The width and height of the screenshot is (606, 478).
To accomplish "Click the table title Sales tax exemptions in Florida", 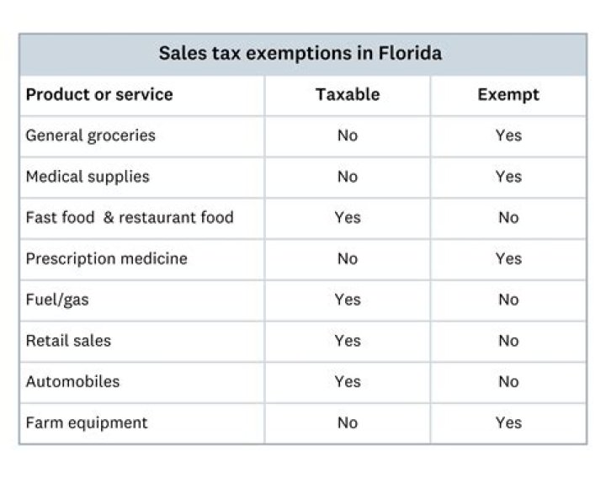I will point(300,54).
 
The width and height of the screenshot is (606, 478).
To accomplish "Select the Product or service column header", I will point(99,94).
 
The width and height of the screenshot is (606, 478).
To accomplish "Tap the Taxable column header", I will point(347,94).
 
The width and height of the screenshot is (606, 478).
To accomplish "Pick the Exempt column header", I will point(508,94).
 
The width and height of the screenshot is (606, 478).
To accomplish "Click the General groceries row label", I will point(90,135).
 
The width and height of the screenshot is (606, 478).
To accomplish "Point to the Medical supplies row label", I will point(88,177).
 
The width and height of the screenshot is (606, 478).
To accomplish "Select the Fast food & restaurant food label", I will point(130,217).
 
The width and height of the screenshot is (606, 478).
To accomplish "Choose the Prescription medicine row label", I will point(106,258).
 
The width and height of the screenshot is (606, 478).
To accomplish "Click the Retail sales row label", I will point(68,341).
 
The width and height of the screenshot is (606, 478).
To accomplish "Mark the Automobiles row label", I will point(72,381).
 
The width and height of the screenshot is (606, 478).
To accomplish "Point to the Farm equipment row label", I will point(86,422).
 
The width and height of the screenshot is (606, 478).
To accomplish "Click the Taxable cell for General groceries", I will point(347,135).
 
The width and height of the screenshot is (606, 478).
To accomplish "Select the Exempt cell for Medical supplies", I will point(508,177).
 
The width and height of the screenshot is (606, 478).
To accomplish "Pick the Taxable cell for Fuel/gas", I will point(347,300).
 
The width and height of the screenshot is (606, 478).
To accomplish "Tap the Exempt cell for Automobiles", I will point(508,381).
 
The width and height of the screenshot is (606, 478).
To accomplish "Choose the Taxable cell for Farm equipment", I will point(347,422).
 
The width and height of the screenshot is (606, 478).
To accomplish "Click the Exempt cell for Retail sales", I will point(508,341).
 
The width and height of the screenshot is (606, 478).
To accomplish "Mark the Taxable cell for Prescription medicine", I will point(347,258).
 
